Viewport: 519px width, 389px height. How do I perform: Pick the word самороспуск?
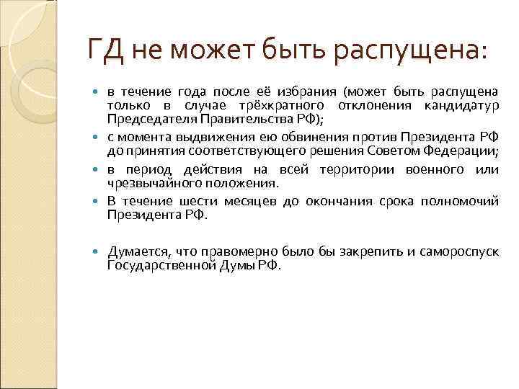tap(461, 251)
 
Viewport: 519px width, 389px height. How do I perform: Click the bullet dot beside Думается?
tap(98, 251)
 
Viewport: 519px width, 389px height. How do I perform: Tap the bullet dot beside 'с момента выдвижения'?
tap(98, 138)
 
